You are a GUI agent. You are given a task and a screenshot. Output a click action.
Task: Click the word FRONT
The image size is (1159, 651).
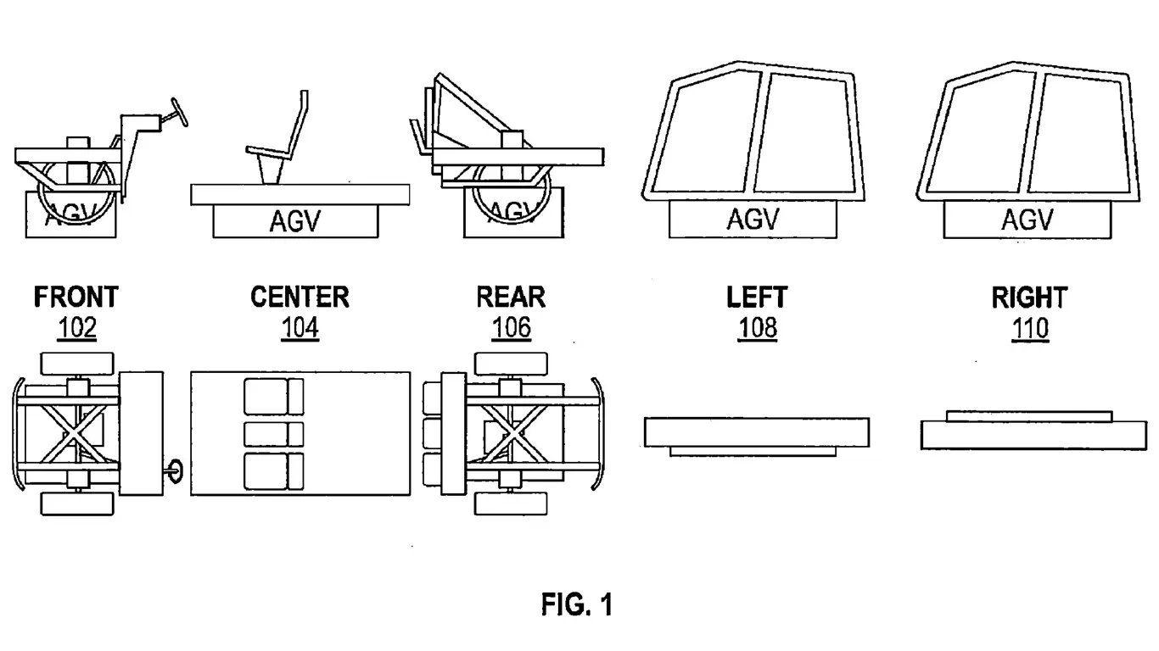(76, 298)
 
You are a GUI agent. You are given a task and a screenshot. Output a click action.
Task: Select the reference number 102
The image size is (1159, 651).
(77, 327)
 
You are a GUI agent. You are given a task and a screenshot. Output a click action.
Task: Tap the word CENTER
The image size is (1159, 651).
(300, 298)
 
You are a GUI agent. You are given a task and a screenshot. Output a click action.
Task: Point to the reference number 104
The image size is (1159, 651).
(300, 327)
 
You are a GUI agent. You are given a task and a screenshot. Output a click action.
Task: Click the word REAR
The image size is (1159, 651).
(511, 298)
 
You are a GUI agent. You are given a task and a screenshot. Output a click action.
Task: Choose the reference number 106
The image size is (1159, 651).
(512, 327)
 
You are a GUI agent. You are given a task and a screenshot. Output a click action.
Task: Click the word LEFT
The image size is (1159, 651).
(757, 298)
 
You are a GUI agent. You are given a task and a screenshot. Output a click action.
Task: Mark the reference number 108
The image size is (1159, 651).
(758, 327)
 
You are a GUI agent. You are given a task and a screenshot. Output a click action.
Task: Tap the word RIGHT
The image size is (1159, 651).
(1029, 298)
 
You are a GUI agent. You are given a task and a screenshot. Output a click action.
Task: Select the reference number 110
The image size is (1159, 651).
(1030, 327)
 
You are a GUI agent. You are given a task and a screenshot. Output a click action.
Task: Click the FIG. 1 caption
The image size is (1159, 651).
(577, 605)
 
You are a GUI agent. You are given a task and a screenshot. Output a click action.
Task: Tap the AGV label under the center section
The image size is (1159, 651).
(294, 222)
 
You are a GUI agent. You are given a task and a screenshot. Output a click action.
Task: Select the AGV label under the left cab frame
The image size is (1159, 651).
(753, 220)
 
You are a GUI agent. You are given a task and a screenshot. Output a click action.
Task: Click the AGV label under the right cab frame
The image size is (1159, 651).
(1027, 220)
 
